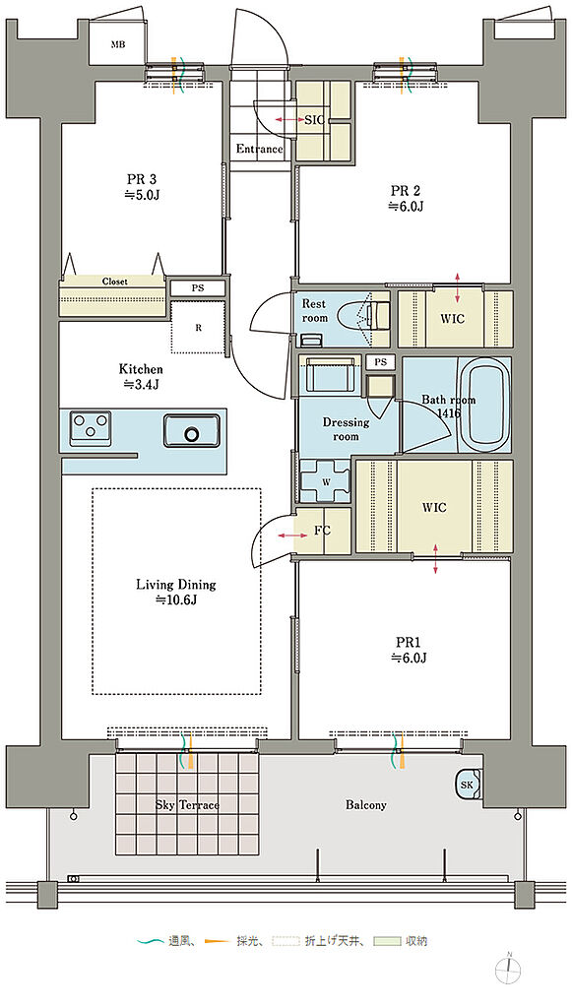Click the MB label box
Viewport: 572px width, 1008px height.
[x=117, y=44]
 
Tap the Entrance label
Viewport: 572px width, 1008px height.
[x=259, y=150]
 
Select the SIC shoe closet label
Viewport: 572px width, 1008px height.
[x=314, y=119]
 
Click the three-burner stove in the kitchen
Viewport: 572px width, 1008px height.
[x=90, y=427]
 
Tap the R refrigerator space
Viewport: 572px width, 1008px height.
[x=199, y=327]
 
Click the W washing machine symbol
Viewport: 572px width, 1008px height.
[x=325, y=481]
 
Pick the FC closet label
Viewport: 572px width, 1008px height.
[x=322, y=531]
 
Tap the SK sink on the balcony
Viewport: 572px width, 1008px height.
[x=468, y=784]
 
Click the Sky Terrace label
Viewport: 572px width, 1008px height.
[x=188, y=805]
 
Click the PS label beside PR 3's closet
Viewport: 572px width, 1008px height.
[x=197, y=288]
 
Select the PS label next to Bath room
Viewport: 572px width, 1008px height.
[x=381, y=362]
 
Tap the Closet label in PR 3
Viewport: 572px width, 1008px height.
[x=114, y=282]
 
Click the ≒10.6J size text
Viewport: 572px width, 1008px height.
[x=175, y=599]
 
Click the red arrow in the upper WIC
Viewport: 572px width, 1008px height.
[x=457, y=287]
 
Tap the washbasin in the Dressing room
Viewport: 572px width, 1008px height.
[x=331, y=373]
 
